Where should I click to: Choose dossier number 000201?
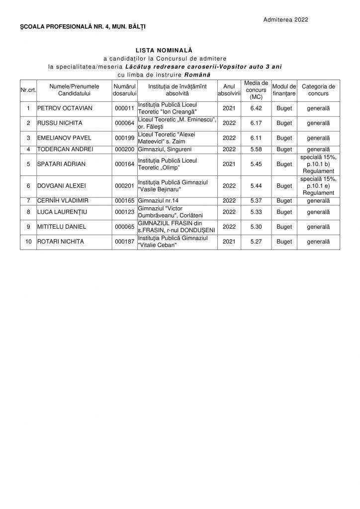[x=124, y=186]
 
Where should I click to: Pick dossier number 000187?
[x=124, y=242]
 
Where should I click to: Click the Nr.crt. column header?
[x=28, y=89]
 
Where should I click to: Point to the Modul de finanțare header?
[x=284, y=89]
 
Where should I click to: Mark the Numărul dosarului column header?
[x=124, y=89]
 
